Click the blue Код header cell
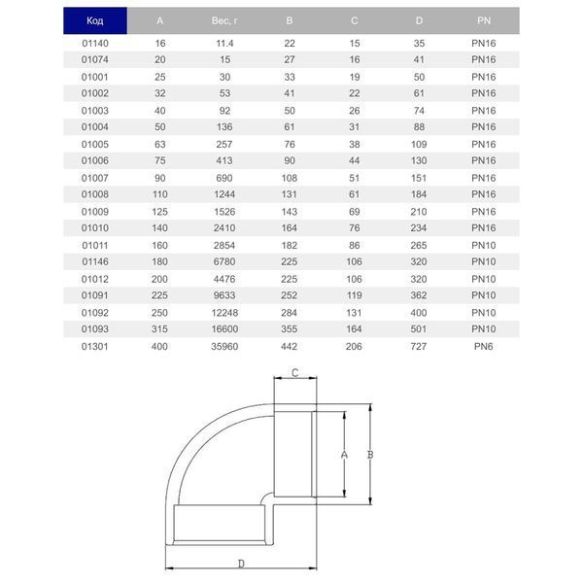coord(95,20)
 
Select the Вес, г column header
coord(224,20)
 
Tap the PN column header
coord(484,20)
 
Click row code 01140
coord(95,44)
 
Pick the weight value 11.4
coord(224,44)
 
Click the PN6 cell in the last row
coord(483,347)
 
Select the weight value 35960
coord(224,347)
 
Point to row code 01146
coord(95,261)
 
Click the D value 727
coord(419,347)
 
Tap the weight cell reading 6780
coord(224,261)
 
